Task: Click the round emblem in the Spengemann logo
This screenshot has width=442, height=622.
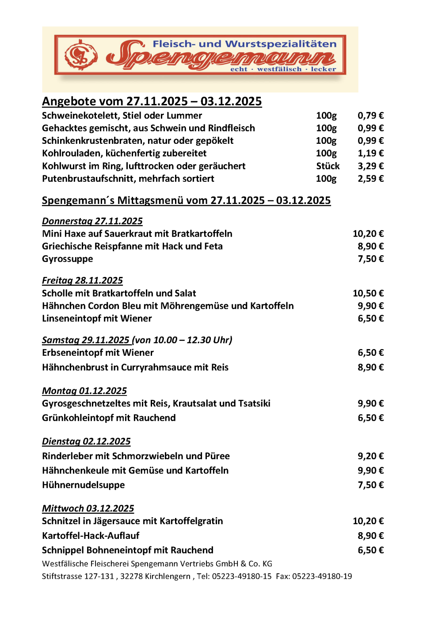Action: (x=81, y=55)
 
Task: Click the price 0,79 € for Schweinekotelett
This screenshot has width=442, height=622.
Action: (x=370, y=116)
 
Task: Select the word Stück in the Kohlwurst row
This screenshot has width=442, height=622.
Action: (x=328, y=166)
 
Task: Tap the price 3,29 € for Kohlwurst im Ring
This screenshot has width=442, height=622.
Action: (x=370, y=166)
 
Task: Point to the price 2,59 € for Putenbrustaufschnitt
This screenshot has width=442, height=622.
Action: (x=370, y=179)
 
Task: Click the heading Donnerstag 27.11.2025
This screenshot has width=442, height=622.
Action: (x=92, y=221)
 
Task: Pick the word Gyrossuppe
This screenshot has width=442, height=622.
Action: (x=67, y=259)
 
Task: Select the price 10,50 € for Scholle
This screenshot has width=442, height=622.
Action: (x=368, y=293)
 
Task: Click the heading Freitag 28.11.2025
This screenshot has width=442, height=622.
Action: (x=82, y=280)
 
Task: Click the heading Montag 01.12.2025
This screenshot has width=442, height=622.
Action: (x=84, y=391)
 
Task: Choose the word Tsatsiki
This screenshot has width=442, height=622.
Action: (x=254, y=403)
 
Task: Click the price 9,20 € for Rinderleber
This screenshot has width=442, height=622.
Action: (x=370, y=456)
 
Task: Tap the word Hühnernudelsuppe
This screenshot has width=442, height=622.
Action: (x=83, y=485)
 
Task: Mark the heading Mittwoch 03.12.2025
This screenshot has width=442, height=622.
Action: (x=88, y=509)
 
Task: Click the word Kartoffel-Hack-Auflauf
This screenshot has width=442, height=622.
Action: (x=91, y=536)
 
